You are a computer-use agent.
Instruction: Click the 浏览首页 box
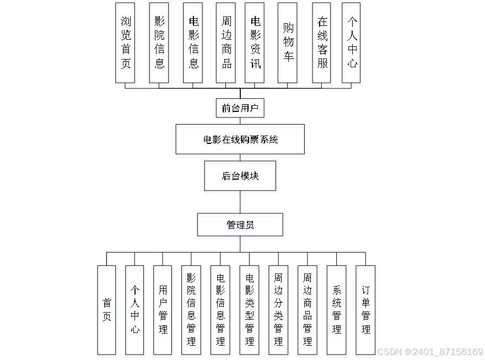[x=127, y=45]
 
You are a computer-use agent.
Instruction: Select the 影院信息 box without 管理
[x=159, y=45]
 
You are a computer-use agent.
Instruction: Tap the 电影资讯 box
[x=256, y=45]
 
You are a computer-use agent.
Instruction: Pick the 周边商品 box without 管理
[x=226, y=45]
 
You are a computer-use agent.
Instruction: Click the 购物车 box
[x=288, y=45]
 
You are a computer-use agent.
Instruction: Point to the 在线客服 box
[x=322, y=45]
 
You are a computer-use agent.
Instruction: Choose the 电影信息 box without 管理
[x=193, y=45]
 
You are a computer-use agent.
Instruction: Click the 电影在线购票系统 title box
[x=241, y=141]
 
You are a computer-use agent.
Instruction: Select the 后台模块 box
[x=241, y=178]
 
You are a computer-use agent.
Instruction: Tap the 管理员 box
[x=241, y=227]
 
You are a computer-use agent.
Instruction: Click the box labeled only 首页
[x=107, y=311]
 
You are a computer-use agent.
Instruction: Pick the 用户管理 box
[x=163, y=311]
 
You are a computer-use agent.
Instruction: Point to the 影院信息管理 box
[x=192, y=311]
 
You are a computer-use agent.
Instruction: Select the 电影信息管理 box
[x=221, y=311]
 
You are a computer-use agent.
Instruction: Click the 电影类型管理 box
[x=250, y=311]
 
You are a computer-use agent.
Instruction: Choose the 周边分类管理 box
[x=279, y=311]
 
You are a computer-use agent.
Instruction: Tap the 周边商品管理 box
[x=308, y=311]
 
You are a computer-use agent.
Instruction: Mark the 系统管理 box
[x=337, y=311]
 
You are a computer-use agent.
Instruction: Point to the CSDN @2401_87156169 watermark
[x=430, y=351]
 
